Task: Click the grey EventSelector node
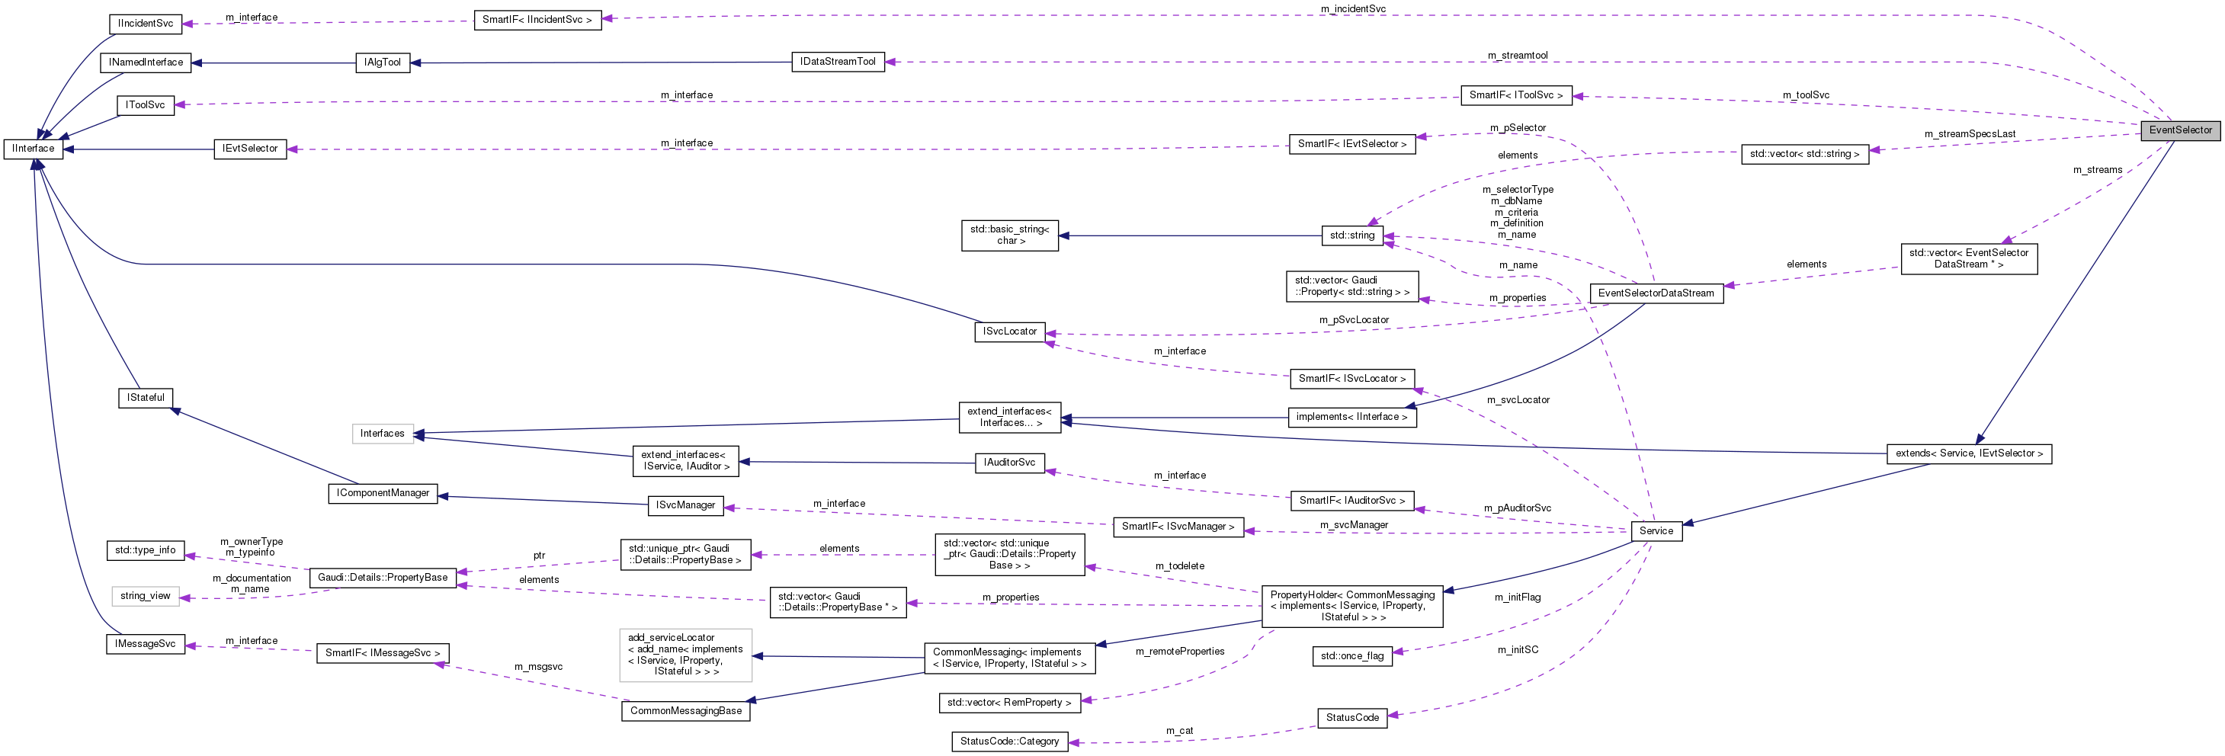coord(2180,130)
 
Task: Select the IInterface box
coord(33,149)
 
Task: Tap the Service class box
coord(1656,531)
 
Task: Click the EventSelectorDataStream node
coord(1656,293)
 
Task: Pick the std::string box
coord(1351,235)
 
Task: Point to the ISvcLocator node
coord(1009,332)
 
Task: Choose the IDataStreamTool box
coord(837,61)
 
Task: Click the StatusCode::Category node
coord(1009,742)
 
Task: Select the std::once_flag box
coord(1351,655)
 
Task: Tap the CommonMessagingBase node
coord(685,711)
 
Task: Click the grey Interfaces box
coord(382,434)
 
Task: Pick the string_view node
coord(145,596)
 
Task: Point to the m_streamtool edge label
coord(1518,56)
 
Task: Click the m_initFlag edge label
coord(1518,597)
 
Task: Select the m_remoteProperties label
coord(1179,652)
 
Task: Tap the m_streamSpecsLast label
coord(1970,134)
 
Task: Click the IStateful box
coord(145,398)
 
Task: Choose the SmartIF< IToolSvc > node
coord(1516,95)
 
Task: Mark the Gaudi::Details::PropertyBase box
coord(383,577)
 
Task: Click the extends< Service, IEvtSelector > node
coord(1968,453)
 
